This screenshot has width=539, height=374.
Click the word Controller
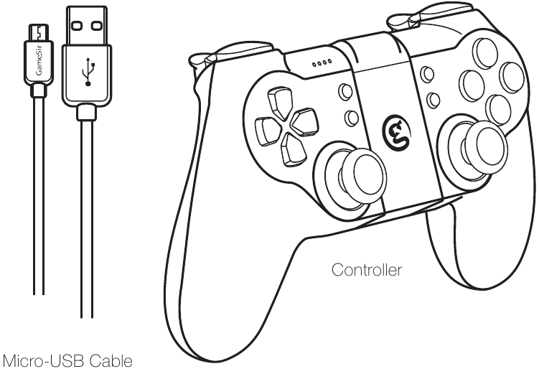pos(367,270)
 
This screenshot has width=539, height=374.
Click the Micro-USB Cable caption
pos(67,361)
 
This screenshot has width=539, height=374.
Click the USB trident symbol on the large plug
pos(88,72)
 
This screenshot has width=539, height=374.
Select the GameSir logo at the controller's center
pos(396,132)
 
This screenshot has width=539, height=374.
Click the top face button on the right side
pos(485,53)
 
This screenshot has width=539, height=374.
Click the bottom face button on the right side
pos(499,110)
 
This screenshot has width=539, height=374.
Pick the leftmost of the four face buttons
pos(472,85)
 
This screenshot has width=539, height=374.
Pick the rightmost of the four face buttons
pos(512,78)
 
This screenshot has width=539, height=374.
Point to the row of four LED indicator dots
pos(322,63)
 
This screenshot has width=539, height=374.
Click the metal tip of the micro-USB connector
pos(39,32)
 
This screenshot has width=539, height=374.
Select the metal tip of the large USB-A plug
pos(86,25)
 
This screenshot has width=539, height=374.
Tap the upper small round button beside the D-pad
pos(345,91)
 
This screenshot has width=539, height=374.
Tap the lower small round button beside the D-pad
pos(351,118)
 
